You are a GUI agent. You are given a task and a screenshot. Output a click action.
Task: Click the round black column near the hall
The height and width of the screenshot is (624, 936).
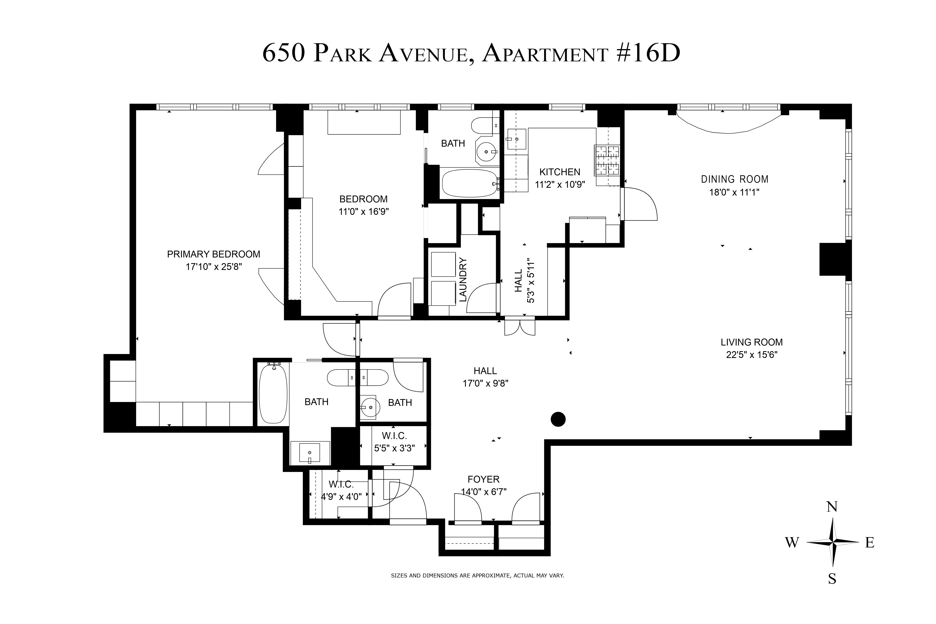[x=558, y=419]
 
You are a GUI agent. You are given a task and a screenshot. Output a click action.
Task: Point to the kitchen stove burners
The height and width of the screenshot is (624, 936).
[x=607, y=160]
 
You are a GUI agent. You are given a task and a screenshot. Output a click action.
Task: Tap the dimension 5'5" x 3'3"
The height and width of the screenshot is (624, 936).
[x=394, y=448]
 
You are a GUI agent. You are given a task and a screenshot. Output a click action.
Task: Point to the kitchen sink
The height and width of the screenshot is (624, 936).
[x=516, y=139]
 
